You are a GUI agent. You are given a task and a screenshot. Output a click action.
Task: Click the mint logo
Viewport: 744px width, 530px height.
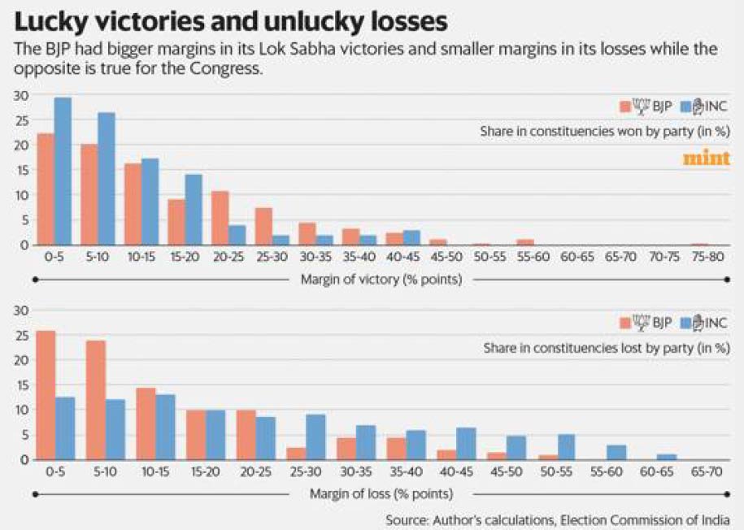(707, 158)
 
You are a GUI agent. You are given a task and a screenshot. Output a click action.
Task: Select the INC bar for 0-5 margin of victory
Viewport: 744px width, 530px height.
(63, 172)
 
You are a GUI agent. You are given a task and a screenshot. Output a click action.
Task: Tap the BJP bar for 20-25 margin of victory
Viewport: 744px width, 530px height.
(220, 218)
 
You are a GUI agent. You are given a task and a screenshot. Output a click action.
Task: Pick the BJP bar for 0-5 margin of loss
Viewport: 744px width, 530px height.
(46, 395)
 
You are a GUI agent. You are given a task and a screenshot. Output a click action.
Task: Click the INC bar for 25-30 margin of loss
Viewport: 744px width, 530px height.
(315, 437)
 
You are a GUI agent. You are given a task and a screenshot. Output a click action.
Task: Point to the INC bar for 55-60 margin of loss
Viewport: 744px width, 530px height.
(616, 453)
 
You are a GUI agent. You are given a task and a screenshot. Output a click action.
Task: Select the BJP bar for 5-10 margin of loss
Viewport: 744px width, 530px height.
(95, 400)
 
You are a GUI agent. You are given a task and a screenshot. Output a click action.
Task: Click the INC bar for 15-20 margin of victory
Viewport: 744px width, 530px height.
(193, 210)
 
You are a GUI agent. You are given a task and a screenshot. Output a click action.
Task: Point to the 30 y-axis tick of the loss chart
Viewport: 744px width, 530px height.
(22, 310)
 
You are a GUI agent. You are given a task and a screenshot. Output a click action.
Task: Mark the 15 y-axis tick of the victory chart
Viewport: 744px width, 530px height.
(22, 170)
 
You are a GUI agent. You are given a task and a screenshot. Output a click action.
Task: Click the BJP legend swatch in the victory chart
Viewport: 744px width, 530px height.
(626, 106)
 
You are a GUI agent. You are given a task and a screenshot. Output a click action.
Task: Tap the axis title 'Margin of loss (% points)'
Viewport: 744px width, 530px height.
(381, 494)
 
